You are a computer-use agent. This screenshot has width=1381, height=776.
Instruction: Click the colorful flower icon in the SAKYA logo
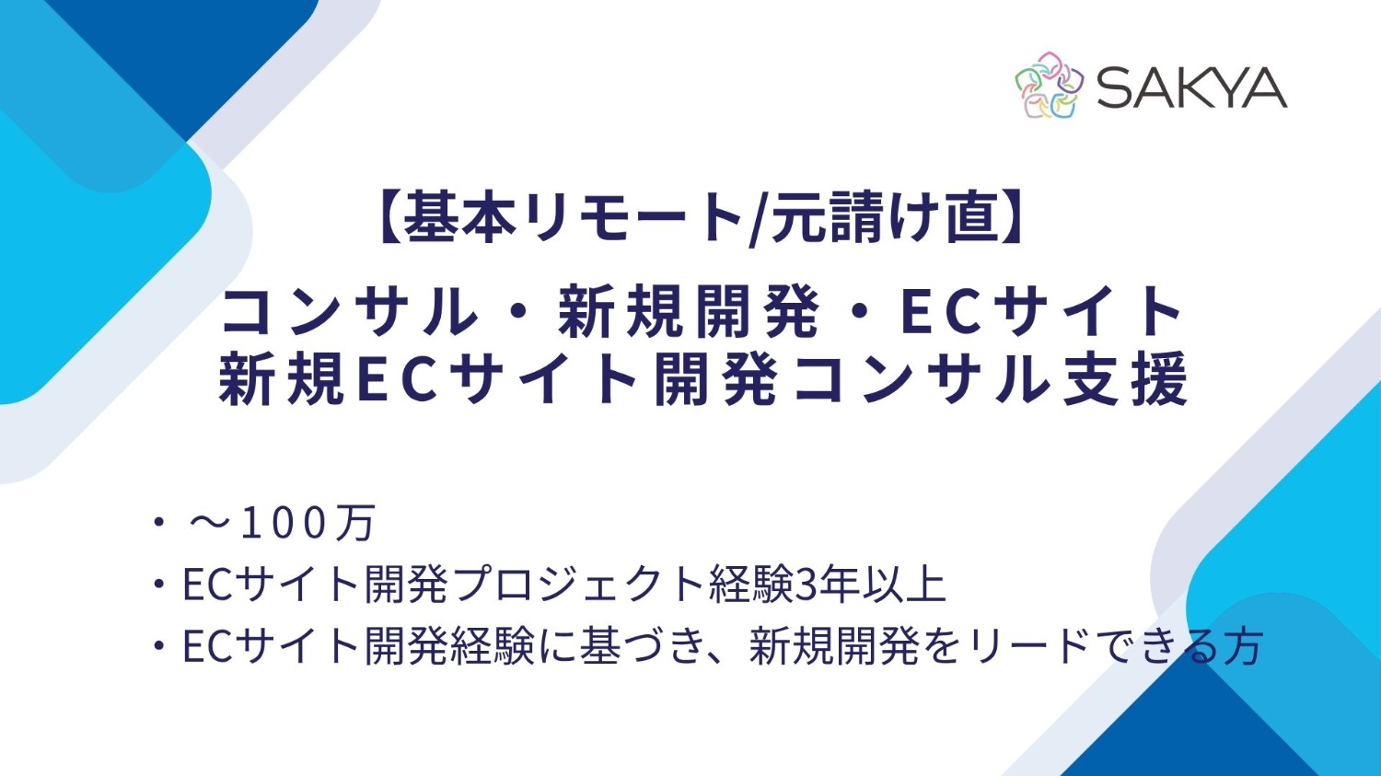[1049, 86]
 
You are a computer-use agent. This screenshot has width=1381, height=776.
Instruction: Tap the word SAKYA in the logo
[1191, 87]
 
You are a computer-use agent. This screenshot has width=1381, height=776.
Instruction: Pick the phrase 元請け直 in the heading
[884, 218]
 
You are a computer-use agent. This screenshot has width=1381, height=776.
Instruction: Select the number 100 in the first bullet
[284, 523]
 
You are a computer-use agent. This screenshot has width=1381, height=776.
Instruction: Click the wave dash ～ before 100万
[210, 523]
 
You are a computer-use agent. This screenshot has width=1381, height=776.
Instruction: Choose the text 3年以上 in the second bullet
[869, 585]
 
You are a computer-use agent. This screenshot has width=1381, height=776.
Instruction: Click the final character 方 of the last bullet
[1243, 646]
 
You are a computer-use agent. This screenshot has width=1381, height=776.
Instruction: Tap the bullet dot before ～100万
[159, 523]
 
